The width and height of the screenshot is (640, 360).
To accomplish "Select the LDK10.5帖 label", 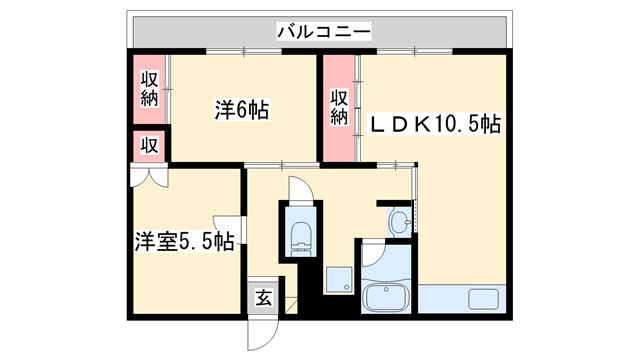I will coord(436,124).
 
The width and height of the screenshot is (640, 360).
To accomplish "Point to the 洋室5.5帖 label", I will coord(185,240).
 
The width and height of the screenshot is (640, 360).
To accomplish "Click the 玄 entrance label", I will coord(262,297).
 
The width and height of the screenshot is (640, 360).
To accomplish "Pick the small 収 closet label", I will coord(149,145).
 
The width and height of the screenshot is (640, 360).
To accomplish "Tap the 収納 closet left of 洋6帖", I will coord(149,89).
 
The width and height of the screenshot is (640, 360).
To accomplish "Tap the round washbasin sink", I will coord(400,220).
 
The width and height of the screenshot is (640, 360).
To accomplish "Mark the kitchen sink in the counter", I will coord(484,299).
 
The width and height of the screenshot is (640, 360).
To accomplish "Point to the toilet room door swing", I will coord(298,188).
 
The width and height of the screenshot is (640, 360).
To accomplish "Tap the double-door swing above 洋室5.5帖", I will coord(148,177).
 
